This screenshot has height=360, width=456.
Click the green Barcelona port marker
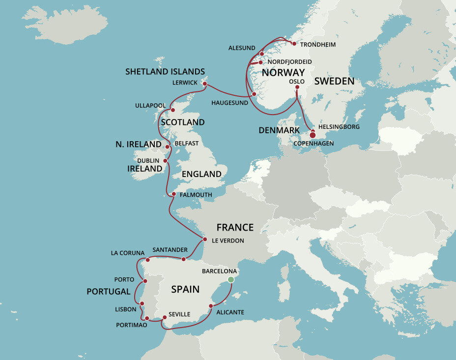click(x=230, y=279)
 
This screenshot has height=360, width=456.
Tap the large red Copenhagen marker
click(x=313, y=135)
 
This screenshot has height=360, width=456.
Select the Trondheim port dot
click(x=294, y=44)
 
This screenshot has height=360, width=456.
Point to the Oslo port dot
click(x=297, y=88)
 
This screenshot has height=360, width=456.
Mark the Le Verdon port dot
click(x=204, y=240)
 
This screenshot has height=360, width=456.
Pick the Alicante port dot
click(x=211, y=306)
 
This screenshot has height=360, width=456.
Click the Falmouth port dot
click(x=173, y=194)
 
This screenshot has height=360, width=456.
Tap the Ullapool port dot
click(x=172, y=110)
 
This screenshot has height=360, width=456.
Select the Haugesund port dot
click(x=254, y=93)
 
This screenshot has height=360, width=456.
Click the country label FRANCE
click(x=235, y=227)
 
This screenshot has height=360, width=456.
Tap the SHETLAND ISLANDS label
click(x=165, y=71)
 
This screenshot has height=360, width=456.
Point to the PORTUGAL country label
click(x=108, y=292)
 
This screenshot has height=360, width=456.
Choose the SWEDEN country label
click(x=334, y=81)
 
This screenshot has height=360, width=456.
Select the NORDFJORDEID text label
click(x=289, y=61)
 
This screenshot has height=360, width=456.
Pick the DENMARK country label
click(x=279, y=130)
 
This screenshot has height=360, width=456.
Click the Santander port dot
click(x=184, y=259)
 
